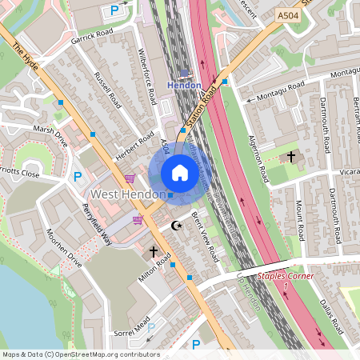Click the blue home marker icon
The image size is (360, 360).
pos(179,173)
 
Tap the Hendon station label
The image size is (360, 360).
pos(183,84)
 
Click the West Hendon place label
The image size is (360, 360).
pos(127,194)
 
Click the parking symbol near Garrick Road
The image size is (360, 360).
pos(115,10)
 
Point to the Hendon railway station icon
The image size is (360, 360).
pos(183,73)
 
